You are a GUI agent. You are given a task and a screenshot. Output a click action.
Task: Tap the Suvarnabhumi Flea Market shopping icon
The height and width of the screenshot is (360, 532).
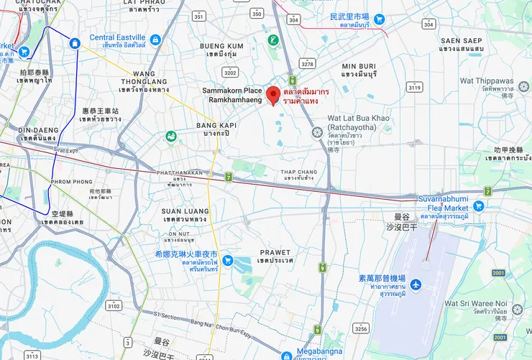[x=479, y=206]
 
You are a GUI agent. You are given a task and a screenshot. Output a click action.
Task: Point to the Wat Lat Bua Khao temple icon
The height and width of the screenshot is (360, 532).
[x=317, y=132]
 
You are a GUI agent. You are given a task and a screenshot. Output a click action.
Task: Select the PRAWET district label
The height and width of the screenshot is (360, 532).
[x=275, y=252]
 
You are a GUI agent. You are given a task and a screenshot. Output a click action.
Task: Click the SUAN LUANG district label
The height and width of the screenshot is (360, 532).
[x=185, y=211]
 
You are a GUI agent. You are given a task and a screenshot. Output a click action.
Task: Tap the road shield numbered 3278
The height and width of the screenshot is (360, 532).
[x=308, y=64]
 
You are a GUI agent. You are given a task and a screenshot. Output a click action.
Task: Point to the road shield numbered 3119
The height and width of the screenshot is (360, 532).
[x=415, y=87]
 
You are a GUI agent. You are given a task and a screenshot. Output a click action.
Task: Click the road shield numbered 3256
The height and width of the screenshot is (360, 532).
[x=361, y=328]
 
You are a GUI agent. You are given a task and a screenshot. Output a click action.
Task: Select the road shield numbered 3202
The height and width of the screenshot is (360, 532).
[x=230, y=72]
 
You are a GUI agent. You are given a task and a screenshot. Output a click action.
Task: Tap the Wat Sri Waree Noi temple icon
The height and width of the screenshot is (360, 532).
[x=518, y=310]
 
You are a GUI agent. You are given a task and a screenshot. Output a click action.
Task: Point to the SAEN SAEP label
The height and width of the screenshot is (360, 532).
[x=461, y=41]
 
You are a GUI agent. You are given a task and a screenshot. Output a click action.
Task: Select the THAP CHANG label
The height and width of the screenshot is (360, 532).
[x=298, y=172]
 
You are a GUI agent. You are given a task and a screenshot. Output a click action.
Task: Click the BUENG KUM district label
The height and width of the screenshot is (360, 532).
[x=221, y=46]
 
